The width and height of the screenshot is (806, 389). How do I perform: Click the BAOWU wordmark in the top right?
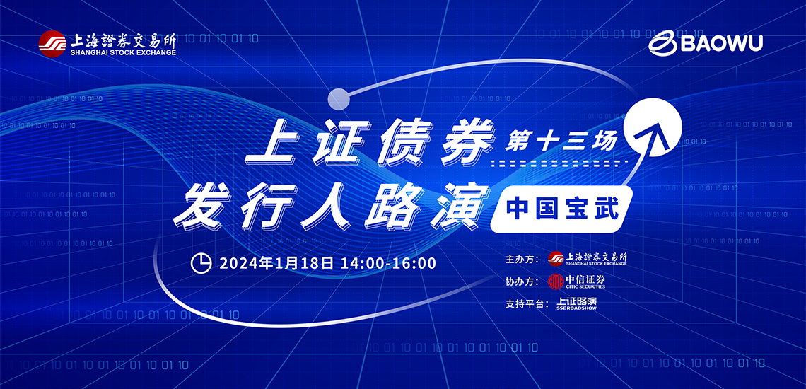[x=722, y=44]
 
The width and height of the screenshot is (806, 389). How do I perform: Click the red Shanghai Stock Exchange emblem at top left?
[x=52, y=45]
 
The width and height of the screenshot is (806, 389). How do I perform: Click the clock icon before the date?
[x=201, y=263]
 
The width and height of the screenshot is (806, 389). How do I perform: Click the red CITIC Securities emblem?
[x=556, y=281]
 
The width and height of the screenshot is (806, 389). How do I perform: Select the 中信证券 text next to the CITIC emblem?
[x=585, y=279]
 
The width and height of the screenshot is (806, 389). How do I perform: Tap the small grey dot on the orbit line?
[x=339, y=98]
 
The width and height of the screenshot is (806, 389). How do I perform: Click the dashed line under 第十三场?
[x=560, y=163]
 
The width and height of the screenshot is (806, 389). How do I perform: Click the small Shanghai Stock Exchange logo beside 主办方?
[x=588, y=258]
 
